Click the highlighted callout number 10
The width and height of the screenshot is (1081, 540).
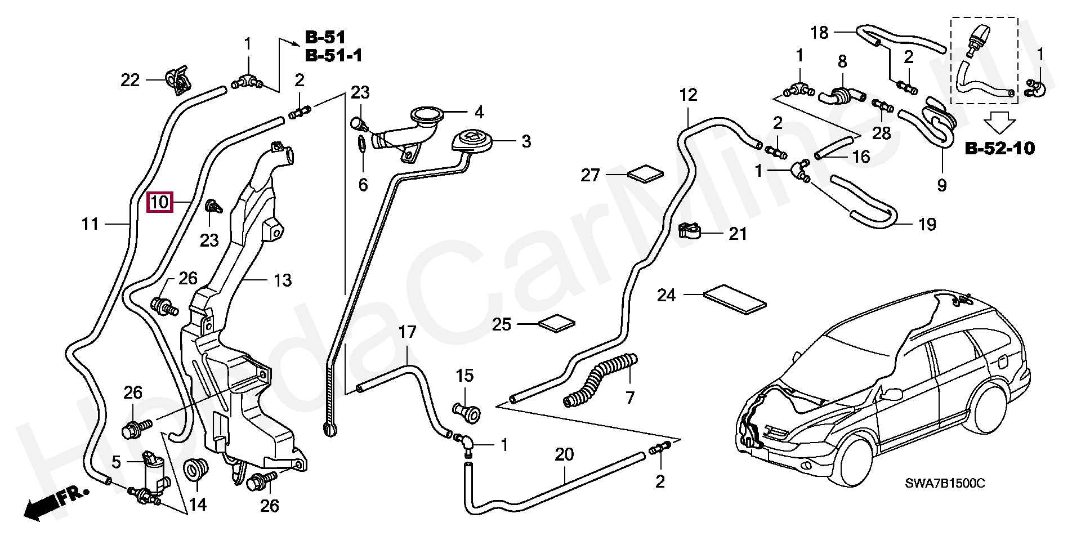click(x=160, y=202)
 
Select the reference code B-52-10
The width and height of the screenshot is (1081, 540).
click(x=1000, y=149)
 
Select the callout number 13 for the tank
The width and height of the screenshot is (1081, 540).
click(x=283, y=280)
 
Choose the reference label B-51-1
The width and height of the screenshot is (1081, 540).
click(x=333, y=55)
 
